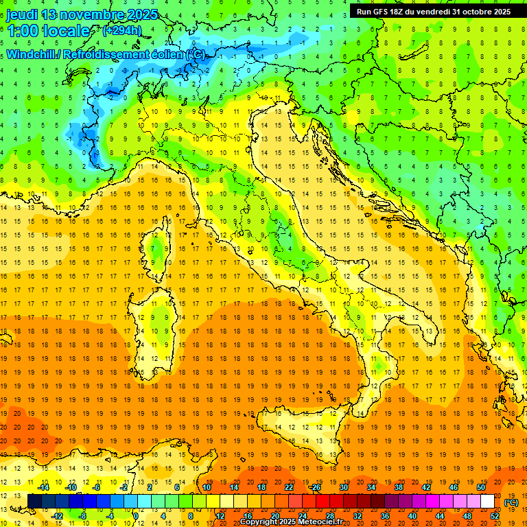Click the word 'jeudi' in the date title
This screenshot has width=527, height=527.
[x=21, y=14]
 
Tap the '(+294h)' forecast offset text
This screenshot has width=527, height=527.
[x=121, y=30]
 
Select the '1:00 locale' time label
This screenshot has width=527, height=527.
[x=48, y=31]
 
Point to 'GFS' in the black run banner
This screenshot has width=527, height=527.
[x=379, y=11]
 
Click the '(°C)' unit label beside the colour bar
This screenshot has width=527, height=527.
[x=511, y=502]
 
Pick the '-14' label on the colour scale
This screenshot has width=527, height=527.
[x=43, y=487]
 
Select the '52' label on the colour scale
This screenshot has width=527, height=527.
[x=495, y=515]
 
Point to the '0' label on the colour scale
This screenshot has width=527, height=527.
[x=136, y=515]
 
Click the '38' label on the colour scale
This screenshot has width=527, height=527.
[x=398, y=487]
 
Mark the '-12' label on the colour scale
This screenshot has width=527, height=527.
[x=57, y=515]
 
